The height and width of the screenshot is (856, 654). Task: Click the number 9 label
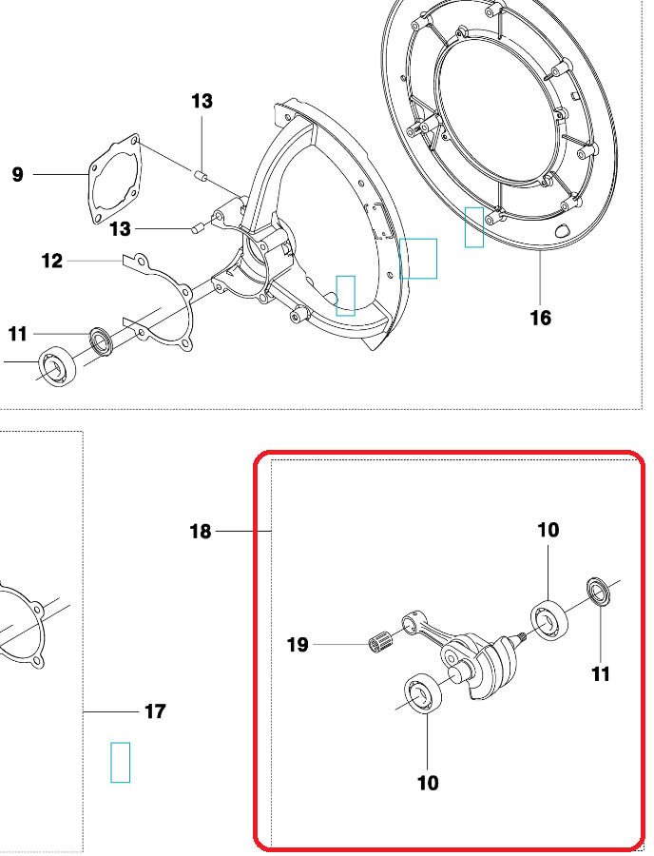(x=18, y=175)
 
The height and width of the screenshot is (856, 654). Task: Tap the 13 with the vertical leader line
(x=202, y=101)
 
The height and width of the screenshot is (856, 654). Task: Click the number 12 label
(x=52, y=261)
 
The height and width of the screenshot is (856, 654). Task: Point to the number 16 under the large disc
(x=541, y=318)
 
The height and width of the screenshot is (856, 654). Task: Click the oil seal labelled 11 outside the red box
(x=101, y=340)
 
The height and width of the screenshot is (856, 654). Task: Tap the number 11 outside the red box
(x=17, y=334)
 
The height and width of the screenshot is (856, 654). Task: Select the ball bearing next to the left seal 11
(x=57, y=366)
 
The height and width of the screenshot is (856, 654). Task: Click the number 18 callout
(x=201, y=531)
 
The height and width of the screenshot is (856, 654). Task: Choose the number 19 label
(x=298, y=645)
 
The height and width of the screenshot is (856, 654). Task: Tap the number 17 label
(x=156, y=711)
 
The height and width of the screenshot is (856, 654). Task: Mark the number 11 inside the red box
(x=601, y=674)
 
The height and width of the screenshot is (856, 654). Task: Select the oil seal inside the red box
(x=598, y=592)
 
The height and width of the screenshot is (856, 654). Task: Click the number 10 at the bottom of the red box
(x=428, y=783)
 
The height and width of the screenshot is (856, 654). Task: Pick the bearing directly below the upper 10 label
(x=549, y=619)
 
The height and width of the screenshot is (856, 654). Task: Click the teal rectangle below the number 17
(x=120, y=762)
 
